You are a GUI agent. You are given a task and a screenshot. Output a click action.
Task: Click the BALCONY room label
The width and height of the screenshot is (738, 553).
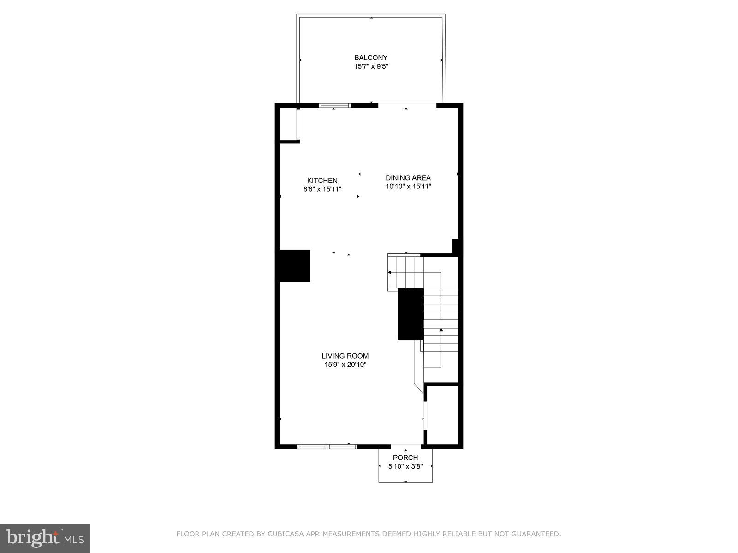371,58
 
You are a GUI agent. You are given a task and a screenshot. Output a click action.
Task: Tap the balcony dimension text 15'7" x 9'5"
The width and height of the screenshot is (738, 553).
371,66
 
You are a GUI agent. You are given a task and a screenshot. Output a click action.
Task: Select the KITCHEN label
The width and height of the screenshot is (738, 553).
322,181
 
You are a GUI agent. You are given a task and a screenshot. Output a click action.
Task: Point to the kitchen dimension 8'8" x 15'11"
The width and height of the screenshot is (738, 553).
322,189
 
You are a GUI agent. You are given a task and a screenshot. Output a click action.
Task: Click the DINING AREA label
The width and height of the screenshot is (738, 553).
408,178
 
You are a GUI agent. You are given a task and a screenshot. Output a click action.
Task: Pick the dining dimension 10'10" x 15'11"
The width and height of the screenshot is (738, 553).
408,187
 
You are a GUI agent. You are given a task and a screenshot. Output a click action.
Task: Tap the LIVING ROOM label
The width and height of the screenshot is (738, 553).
345,356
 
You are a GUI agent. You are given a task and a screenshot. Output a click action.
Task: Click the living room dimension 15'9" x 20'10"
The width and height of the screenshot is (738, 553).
345,365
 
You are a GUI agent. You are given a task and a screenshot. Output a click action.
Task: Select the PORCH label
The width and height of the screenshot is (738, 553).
405,458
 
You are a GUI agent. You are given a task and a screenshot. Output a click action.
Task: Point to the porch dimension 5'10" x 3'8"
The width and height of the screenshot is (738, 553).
405,466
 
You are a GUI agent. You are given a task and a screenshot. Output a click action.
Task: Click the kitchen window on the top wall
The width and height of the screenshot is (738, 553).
335,106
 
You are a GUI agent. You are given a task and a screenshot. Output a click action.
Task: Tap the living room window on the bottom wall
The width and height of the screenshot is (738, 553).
327,446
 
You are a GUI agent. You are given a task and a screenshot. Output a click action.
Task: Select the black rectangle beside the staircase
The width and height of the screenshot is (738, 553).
411,314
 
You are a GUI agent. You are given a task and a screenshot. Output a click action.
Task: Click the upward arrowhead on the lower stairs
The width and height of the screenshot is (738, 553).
441,330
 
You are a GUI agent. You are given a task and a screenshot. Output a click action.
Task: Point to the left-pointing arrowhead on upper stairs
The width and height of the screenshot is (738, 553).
390,272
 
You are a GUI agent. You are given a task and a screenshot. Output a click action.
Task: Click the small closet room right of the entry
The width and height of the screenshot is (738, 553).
442,415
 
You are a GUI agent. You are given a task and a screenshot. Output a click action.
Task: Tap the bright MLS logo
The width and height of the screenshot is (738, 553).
45,538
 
